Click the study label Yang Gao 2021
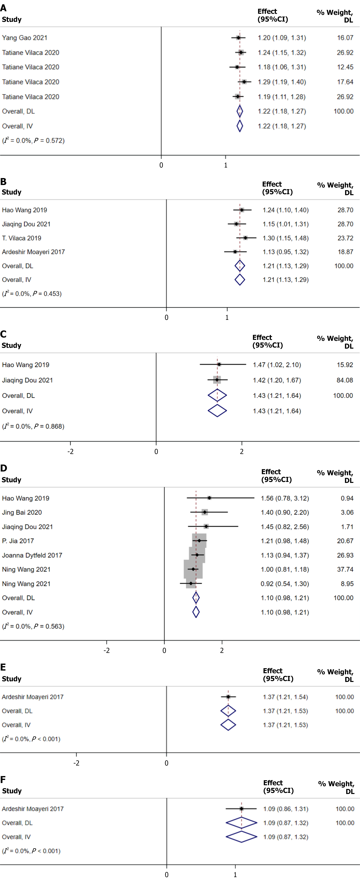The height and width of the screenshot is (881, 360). pyautogui.click(x=25, y=38)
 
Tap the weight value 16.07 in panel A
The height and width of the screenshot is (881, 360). pyautogui.click(x=345, y=38)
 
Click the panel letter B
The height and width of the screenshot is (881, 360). pyautogui.click(x=3, y=182)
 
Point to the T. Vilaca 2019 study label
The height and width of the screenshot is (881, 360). pyautogui.click(x=22, y=238)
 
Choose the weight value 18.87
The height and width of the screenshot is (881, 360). pyautogui.click(x=345, y=252)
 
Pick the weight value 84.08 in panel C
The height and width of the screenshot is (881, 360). pyautogui.click(x=345, y=380)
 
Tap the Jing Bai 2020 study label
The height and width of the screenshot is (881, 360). pyautogui.click(x=22, y=512)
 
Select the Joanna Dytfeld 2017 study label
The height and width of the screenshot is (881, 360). pyautogui.click(x=32, y=555)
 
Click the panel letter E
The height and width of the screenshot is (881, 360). pyautogui.click(x=3, y=667)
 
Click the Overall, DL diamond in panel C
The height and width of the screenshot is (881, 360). pyautogui.click(x=217, y=395)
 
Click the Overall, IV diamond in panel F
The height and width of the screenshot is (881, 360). pyautogui.click(x=241, y=837)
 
